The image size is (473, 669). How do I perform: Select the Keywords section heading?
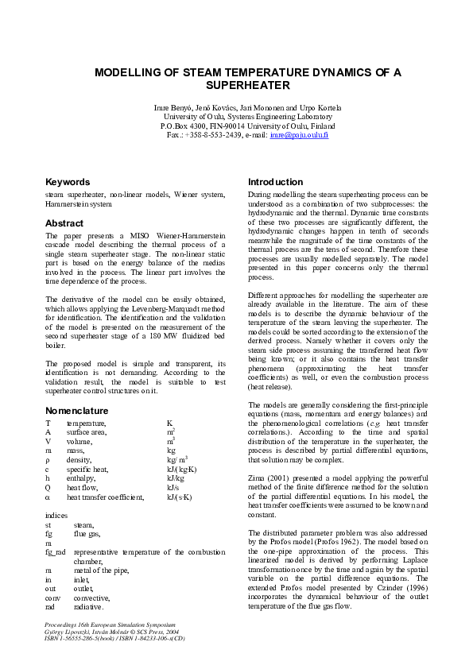click(x=68, y=182)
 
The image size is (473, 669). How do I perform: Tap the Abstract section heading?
click(x=64, y=223)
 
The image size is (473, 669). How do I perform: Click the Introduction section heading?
click(x=275, y=182)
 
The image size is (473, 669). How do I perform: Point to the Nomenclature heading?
click(x=77, y=411)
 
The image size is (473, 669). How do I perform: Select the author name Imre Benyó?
click(x=172, y=107)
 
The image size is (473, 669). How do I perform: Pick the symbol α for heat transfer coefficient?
click(x=48, y=497)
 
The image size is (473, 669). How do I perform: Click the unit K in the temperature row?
click(x=169, y=423)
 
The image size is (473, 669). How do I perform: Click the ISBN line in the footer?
click(x=114, y=637)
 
